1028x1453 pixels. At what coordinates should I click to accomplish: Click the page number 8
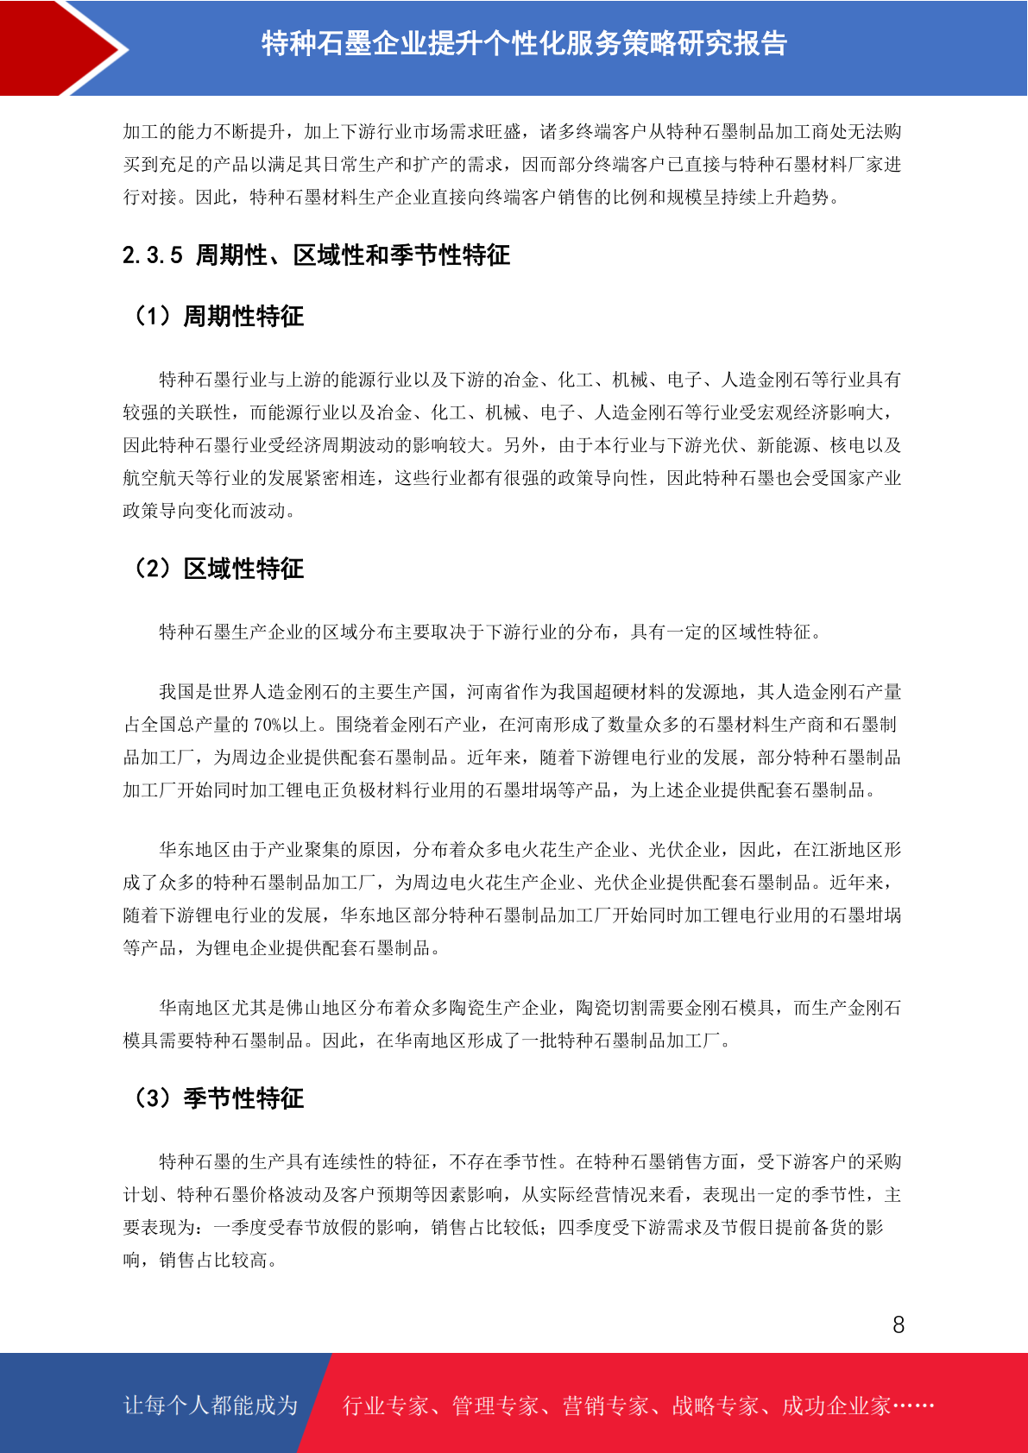pyautogui.click(x=899, y=1325)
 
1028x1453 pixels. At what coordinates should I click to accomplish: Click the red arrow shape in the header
pyautogui.click(x=52, y=47)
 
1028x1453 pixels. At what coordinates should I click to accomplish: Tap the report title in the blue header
pyautogui.click(x=524, y=44)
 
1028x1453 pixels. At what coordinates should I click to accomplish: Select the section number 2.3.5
pyautogui.click(x=153, y=255)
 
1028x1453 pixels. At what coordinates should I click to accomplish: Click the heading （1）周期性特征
pyautogui.click(x=217, y=317)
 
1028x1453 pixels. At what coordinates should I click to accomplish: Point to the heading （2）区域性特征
pyautogui.click(x=217, y=569)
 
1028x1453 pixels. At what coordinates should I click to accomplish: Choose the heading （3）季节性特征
pyautogui.click(x=217, y=1099)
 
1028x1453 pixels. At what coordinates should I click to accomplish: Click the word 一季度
pyautogui.click(x=241, y=1228)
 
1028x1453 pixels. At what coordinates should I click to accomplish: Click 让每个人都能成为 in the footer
pyautogui.click(x=211, y=1406)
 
